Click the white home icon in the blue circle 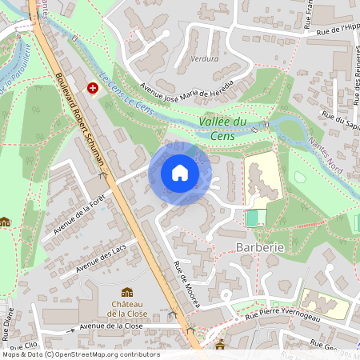tap(180, 173)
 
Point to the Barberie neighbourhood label tap(260, 248)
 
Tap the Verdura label tap(205, 59)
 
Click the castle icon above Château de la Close tap(126, 292)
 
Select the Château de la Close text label tap(126, 309)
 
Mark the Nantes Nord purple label tap(339, 166)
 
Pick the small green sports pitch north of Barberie tap(255, 217)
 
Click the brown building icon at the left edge tap(6, 222)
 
